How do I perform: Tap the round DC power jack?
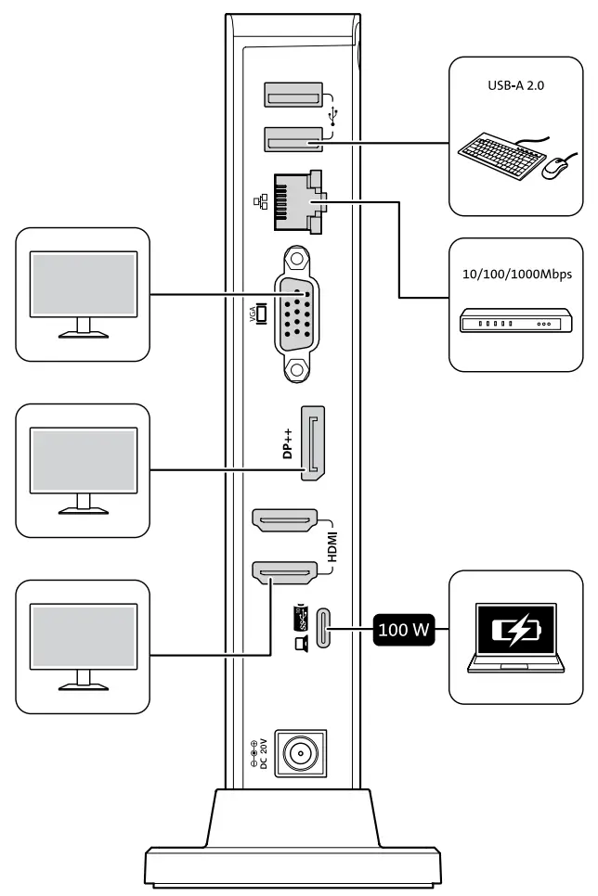[299, 754]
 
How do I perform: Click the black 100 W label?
[405, 631]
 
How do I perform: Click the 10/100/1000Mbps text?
[517, 275]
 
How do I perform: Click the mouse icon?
[554, 167]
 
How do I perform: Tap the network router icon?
[516, 324]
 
